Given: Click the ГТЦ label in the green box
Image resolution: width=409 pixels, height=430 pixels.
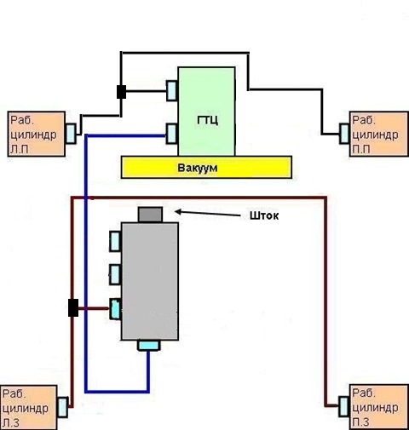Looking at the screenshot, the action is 208,120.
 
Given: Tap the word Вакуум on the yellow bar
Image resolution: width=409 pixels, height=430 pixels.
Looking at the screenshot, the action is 198,168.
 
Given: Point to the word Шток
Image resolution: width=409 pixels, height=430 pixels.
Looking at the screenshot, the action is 264,215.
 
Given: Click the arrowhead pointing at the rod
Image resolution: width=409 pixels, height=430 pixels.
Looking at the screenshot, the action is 178,211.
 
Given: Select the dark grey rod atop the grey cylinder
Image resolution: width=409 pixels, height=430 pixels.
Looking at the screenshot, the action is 150,215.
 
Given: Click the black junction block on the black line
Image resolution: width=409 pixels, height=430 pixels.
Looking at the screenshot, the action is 122,92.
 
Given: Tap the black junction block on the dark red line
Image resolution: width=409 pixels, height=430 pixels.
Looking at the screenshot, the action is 73,307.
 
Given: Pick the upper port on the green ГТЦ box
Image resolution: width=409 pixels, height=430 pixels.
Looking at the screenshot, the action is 172,90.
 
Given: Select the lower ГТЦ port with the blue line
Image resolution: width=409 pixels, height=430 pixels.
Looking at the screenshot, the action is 172,134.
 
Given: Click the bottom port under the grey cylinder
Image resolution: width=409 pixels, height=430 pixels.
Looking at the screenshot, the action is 149,346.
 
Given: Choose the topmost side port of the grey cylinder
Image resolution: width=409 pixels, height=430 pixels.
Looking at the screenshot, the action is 115,241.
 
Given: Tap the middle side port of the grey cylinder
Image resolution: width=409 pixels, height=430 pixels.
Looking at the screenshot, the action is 115,274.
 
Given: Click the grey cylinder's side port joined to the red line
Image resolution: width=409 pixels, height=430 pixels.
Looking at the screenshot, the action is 115,309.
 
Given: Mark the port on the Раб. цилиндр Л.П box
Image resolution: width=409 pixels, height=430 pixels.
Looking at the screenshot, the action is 71,134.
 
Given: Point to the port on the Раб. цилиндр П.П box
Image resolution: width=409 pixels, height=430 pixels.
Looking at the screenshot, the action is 344,134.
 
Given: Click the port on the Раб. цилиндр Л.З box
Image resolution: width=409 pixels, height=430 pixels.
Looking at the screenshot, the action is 62,407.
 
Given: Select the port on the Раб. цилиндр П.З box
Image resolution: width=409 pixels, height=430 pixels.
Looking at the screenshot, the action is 344,406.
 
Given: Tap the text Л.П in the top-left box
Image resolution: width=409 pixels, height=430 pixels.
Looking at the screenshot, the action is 20,150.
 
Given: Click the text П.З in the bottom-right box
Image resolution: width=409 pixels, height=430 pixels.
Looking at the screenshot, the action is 361,422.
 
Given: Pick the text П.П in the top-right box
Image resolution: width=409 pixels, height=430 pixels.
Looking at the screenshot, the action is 361,150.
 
